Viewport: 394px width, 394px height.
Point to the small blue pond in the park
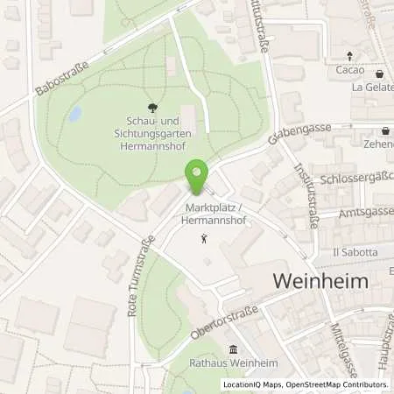pos(75,114)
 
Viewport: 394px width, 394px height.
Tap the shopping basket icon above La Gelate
pos(379,74)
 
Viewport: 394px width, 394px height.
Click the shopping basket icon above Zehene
pos(385,130)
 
